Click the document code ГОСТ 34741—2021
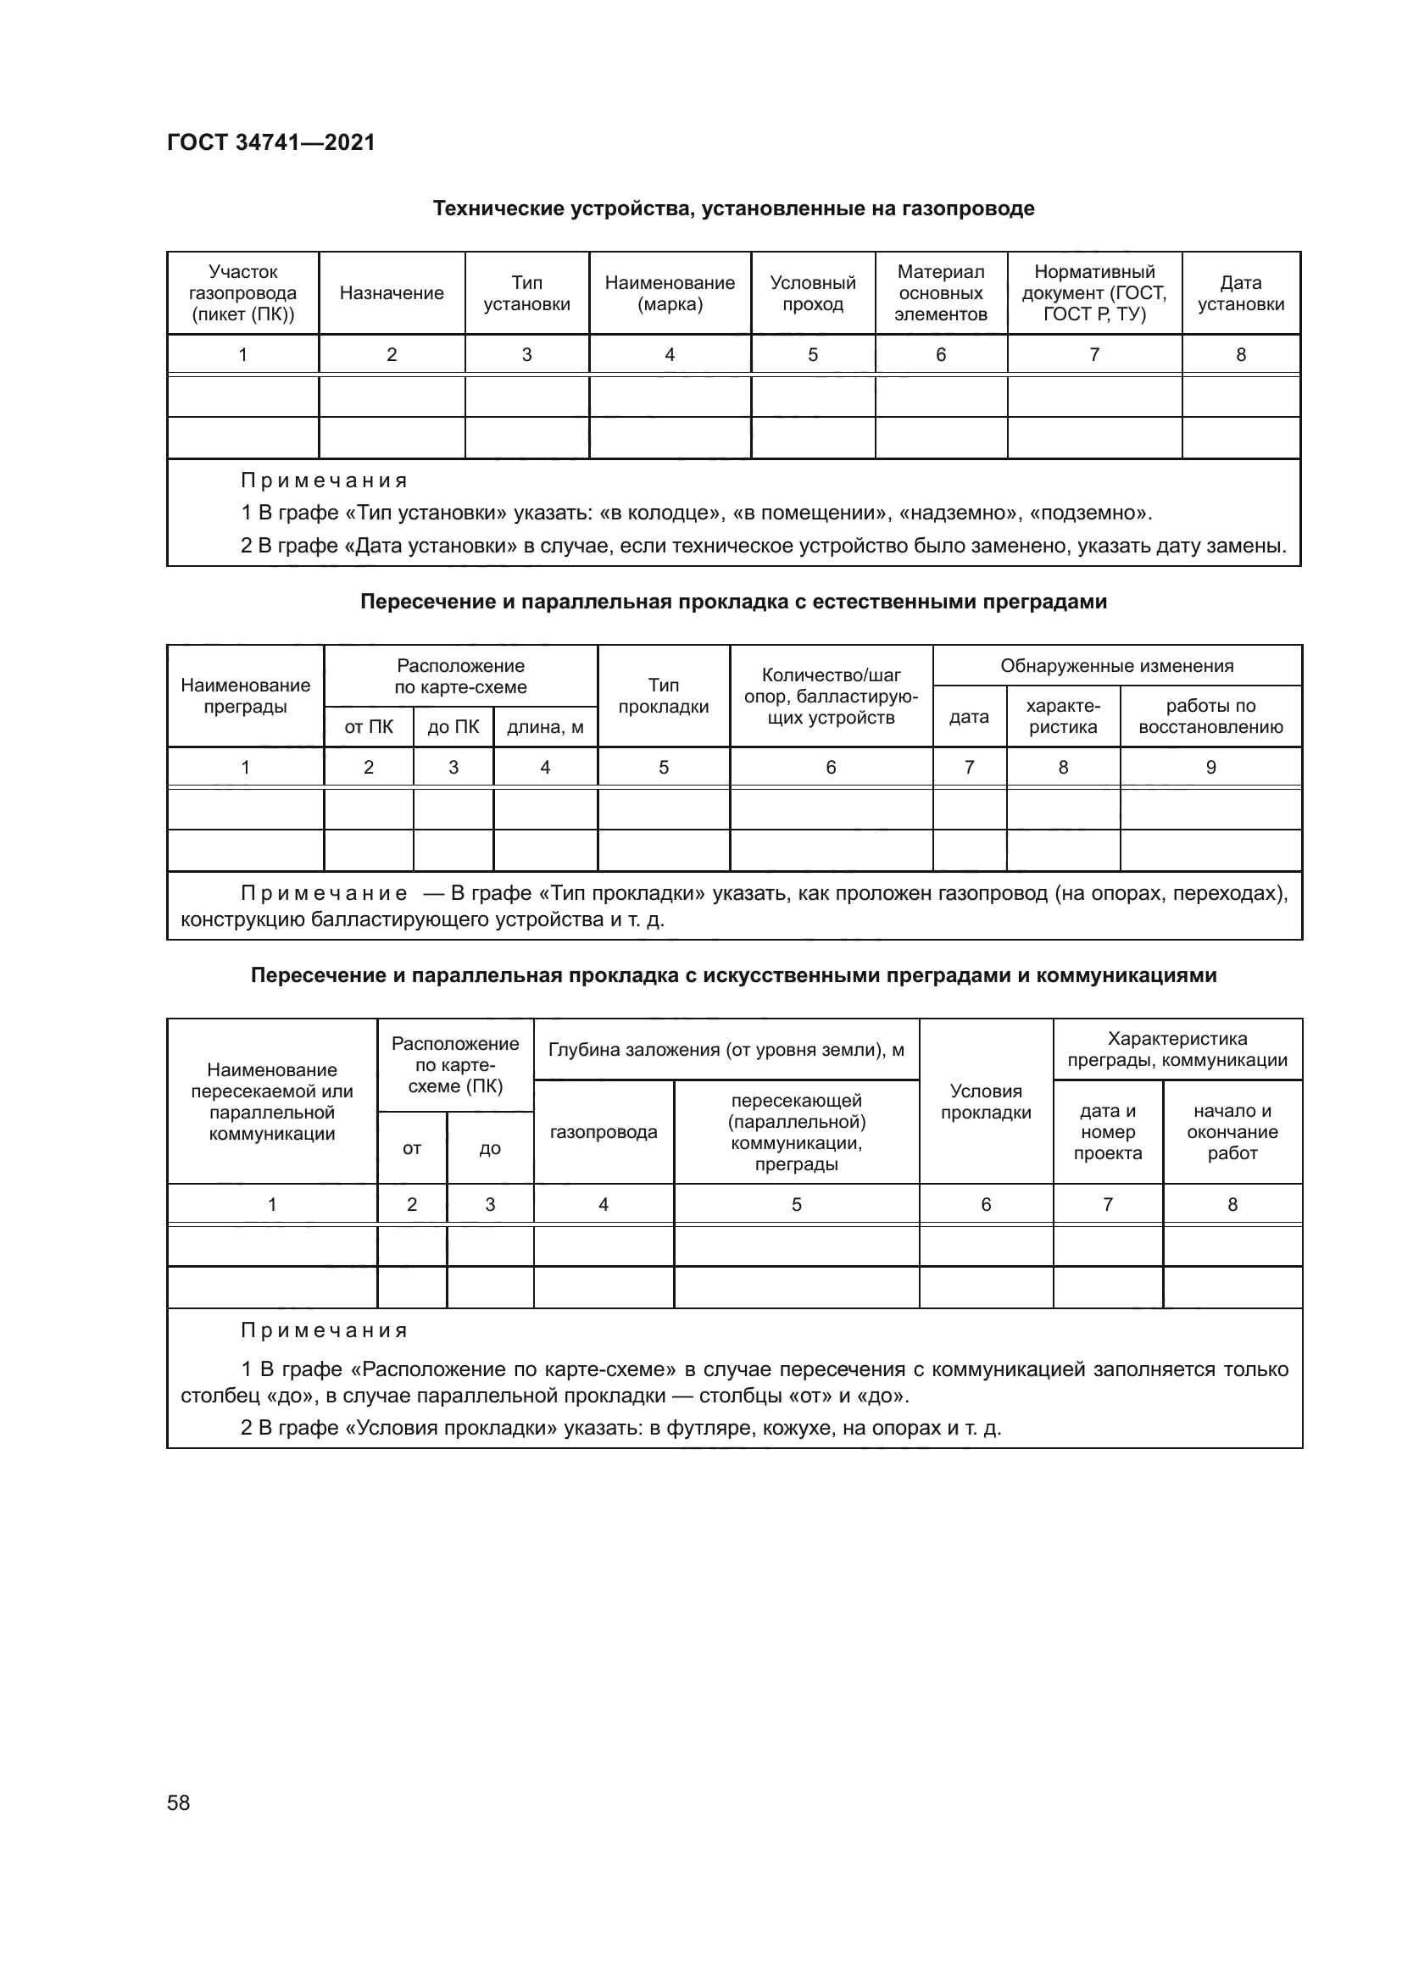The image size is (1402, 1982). (271, 142)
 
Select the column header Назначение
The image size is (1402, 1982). (391, 293)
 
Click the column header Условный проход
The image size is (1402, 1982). (812, 293)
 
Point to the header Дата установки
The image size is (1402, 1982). (1241, 293)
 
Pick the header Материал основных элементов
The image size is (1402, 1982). (940, 293)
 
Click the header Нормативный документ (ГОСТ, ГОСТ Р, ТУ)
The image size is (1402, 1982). (1093, 293)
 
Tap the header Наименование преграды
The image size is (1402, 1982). (245, 696)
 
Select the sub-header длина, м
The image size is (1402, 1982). (545, 728)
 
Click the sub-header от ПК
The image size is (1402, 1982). (369, 728)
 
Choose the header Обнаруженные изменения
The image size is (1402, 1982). (1116, 665)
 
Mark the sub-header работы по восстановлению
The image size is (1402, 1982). (1210, 717)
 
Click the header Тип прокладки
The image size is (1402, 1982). (663, 696)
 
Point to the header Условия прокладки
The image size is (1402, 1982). (986, 1102)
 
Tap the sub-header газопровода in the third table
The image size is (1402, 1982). (603, 1132)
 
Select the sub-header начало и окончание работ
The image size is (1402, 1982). (1232, 1132)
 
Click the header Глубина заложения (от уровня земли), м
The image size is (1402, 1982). (726, 1050)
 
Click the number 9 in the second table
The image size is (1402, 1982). (1210, 768)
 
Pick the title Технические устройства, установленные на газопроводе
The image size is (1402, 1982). (733, 209)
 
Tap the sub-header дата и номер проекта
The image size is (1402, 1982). (1108, 1132)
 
